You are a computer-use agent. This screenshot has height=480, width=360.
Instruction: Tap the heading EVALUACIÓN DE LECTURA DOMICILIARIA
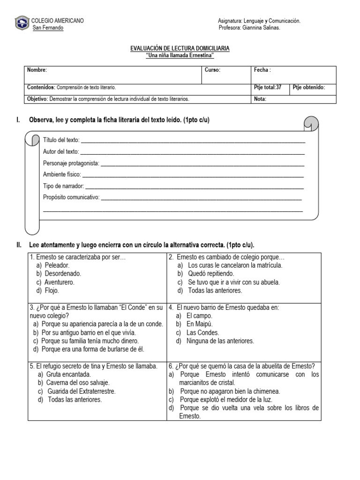(x=180, y=49)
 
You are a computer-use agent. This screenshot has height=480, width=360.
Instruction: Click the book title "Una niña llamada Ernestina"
(x=180, y=55)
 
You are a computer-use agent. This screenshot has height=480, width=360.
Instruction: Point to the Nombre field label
(x=37, y=70)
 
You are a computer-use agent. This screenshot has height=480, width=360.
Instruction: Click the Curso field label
(x=212, y=70)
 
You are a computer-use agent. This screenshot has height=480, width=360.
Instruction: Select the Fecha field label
(x=262, y=70)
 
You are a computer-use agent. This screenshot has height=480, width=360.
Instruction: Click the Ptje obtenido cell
(x=308, y=87)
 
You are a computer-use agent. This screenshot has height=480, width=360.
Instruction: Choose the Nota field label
(x=260, y=99)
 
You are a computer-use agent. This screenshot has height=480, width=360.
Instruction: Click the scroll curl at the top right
(x=311, y=124)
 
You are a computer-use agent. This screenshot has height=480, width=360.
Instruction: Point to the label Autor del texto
(x=61, y=151)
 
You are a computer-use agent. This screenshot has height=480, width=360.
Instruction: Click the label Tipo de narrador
(x=63, y=186)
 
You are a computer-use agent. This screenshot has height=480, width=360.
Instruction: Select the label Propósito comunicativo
(x=71, y=197)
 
